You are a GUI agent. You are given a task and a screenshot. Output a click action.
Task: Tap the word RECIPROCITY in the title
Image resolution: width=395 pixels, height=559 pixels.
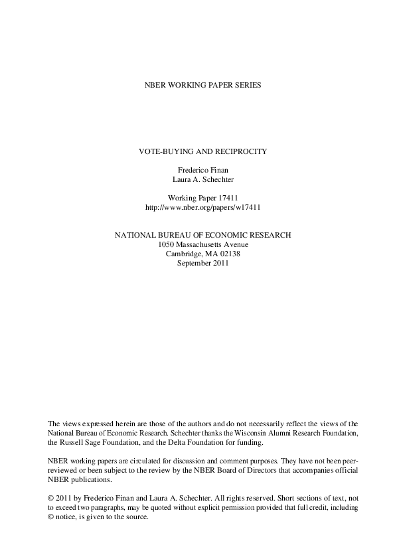(x=241, y=151)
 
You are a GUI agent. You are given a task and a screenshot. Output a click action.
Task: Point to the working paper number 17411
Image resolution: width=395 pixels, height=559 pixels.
(x=226, y=198)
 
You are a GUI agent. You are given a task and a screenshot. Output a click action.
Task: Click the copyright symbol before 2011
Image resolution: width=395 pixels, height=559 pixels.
(x=52, y=498)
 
